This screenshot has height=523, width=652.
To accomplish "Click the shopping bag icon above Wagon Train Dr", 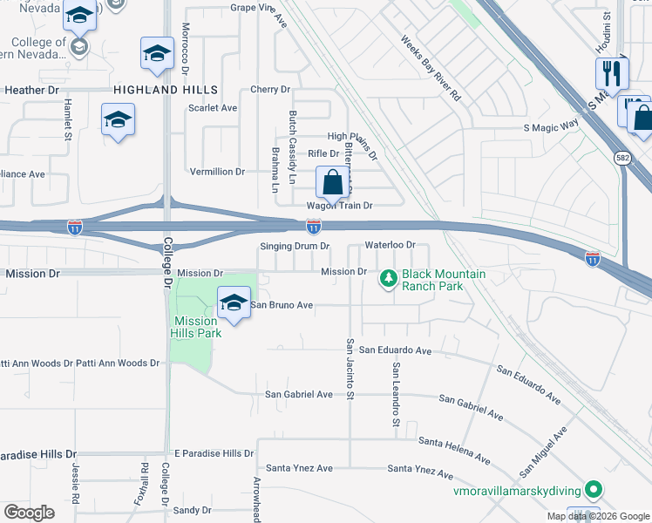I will pyautogui.click(x=332, y=184).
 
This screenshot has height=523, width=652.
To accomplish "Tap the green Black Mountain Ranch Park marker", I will pyautogui.click(x=388, y=279).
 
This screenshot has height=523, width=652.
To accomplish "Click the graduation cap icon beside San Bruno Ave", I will pyautogui.click(x=233, y=302).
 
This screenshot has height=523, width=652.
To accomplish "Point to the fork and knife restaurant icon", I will pyautogui.click(x=612, y=75).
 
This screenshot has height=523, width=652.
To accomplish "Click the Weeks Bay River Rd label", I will pyautogui.click(x=431, y=69).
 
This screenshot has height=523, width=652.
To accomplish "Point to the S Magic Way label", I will pyautogui.click(x=551, y=127).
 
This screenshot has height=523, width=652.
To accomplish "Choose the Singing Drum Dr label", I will pyautogui.click(x=295, y=246).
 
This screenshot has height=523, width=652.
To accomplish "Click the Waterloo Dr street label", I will pyautogui.click(x=390, y=245).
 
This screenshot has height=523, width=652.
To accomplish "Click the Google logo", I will pyautogui.click(x=30, y=513).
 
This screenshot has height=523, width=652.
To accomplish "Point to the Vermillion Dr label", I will pyautogui.click(x=216, y=172).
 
